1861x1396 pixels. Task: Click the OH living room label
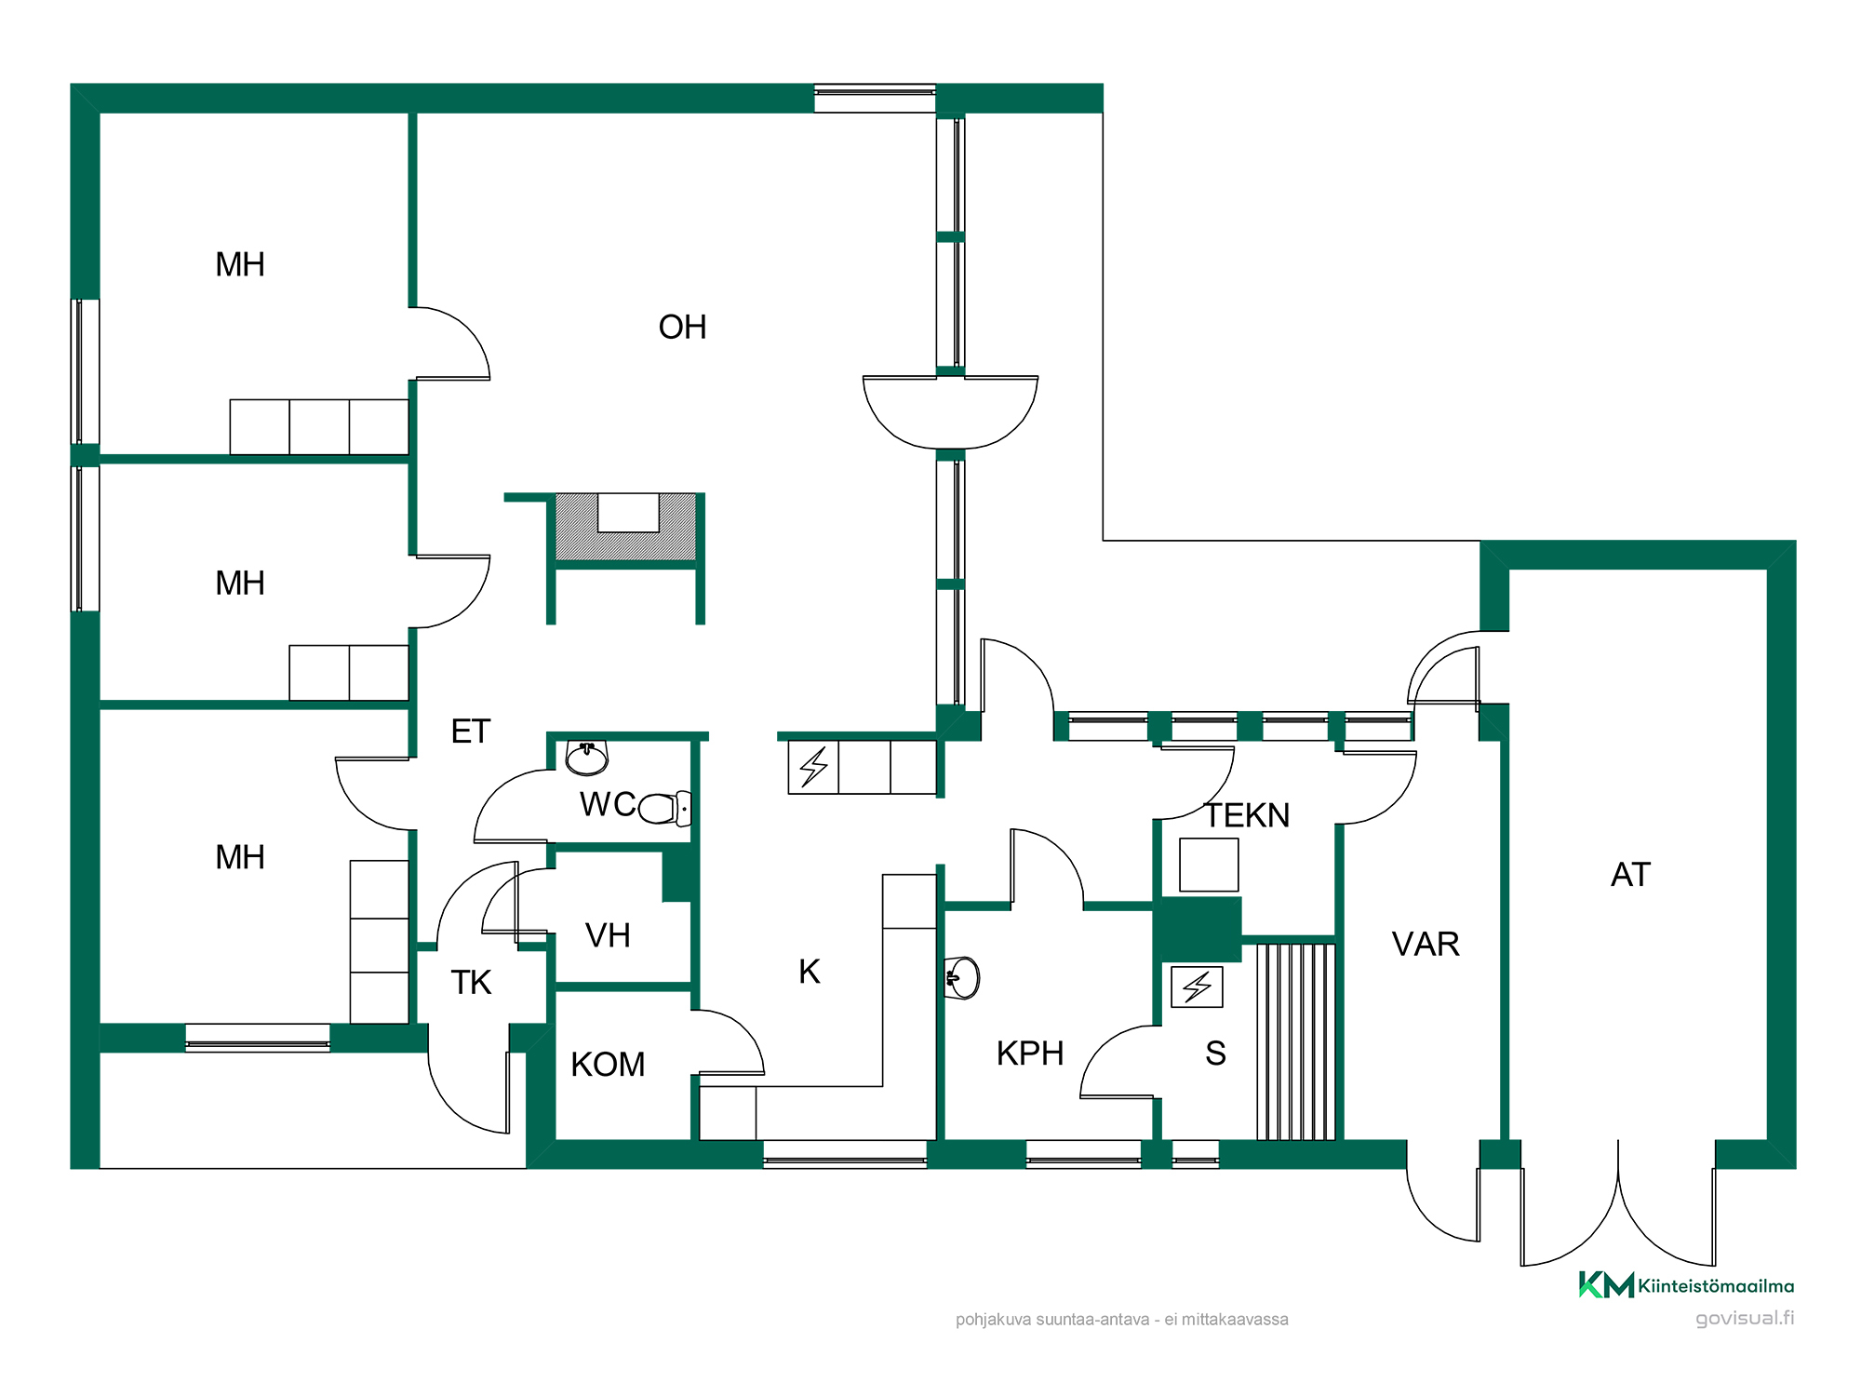tap(682, 328)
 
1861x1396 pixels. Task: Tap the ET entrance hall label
tap(470, 732)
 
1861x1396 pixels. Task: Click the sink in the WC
tap(587, 758)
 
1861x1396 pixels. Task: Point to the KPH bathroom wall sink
tap(962, 978)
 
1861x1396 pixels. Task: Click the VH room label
tap(608, 935)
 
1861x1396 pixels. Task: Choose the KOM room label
tap(608, 1065)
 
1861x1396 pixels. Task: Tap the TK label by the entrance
tap(471, 983)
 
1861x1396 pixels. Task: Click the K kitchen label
tap(810, 972)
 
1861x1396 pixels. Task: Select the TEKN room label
tap(1247, 815)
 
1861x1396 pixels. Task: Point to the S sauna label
tap(1215, 1054)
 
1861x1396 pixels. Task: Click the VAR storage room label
tap(1426, 945)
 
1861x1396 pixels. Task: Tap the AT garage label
tap(1631, 875)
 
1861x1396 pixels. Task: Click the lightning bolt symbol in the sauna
tap(1197, 987)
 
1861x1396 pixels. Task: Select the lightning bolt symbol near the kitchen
tap(813, 767)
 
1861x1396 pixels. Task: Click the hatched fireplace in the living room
tap(625, 527)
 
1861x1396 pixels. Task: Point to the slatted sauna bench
tap(1296, 1041)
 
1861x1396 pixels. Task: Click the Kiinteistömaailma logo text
tap(1716, 1286)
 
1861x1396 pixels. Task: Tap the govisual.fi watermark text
tap(1745, 1318)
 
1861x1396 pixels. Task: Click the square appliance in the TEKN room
tap(1209, 865)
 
